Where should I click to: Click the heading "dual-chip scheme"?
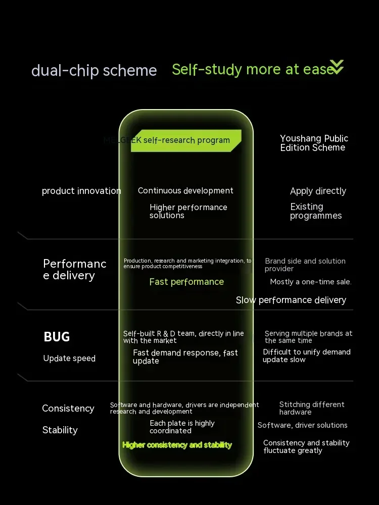click(94, 70)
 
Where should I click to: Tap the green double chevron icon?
click(337, 67)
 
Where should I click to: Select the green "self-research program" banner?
click(186, 140)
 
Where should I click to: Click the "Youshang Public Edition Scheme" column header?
click(314, 143)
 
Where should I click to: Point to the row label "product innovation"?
click(81, 191)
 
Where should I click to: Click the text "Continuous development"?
click(185, 191)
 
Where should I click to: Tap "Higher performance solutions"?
click(188, 211)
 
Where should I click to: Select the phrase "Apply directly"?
click(318, 191)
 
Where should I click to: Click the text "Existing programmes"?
click(316, 211)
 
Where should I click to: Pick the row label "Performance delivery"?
click(75, 270)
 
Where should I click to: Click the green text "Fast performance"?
click(186, 282)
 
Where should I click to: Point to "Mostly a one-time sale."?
click(311, 282)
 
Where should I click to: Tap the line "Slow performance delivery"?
click(291, 300)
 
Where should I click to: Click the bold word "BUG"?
click(57, 337)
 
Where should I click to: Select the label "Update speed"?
click(69, 359)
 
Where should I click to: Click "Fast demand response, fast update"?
click(185, 357)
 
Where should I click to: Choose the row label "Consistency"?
click(68, 409)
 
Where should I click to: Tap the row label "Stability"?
click(60, 430)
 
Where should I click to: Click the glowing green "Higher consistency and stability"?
click(177, 445)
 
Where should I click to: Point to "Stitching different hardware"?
click(311, 408)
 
